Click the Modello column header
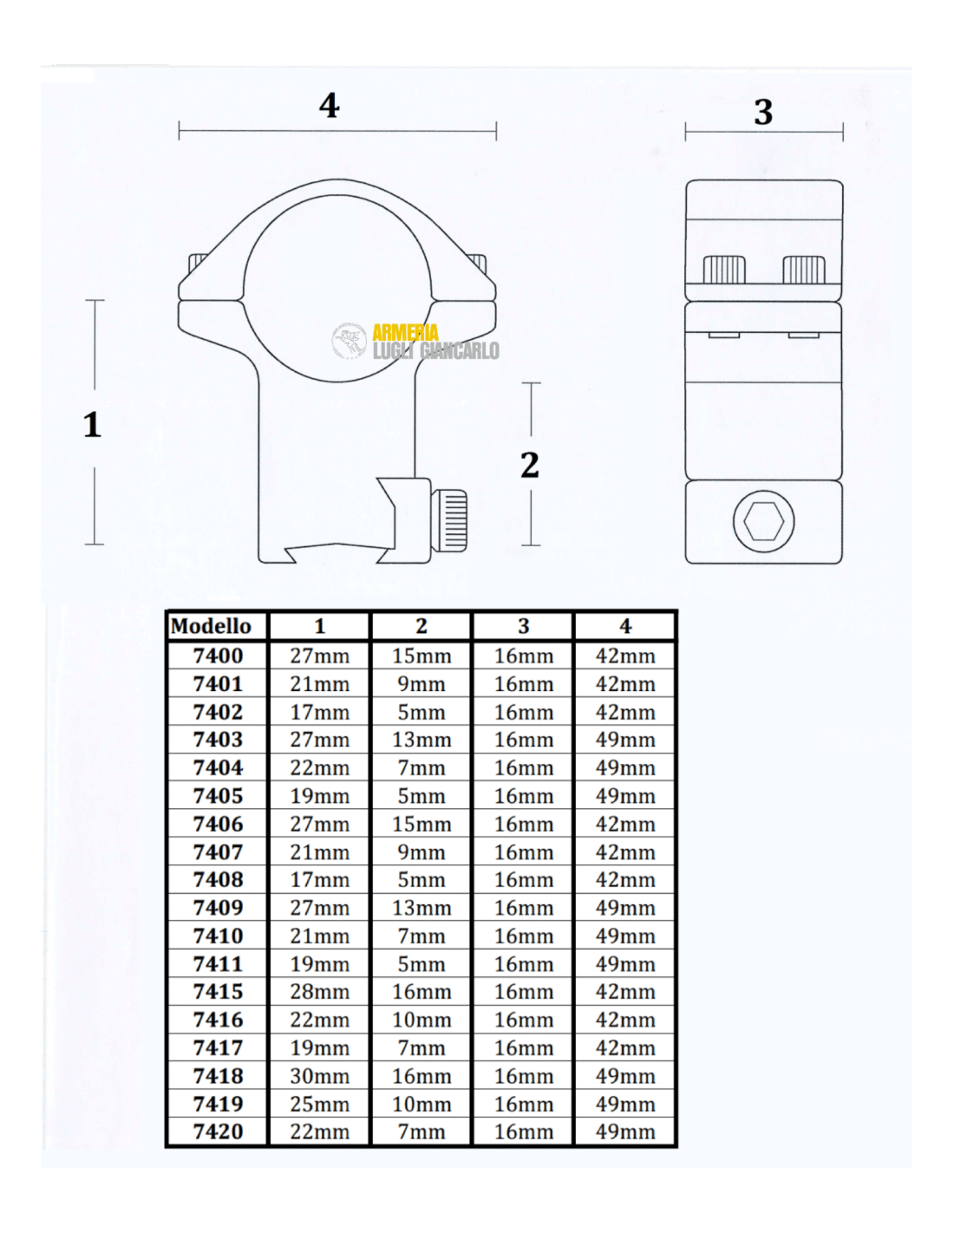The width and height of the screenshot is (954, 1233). tap(211, 626)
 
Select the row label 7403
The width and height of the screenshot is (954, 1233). tap(218, 740)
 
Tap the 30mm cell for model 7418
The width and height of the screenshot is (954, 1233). tap(319, 1076)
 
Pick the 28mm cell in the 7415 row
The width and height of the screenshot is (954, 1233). tap(319, 992)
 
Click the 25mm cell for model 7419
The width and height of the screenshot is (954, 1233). tap(319, 1104)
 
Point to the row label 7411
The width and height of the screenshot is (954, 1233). tap(218, 964)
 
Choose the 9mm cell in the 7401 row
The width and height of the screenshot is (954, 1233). tap(421, 684)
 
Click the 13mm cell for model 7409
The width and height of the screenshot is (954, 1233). tap(421, 908)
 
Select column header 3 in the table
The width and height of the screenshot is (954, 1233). tap(523, 626)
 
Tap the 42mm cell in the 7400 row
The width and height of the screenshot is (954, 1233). tap(625, 656)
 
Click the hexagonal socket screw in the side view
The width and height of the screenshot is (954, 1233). tap(763, 521)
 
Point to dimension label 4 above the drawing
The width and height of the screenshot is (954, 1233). tap(330, 105)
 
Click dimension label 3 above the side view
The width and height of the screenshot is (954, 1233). tap(763, 112)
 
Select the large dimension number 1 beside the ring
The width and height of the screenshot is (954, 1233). tap(93, 424)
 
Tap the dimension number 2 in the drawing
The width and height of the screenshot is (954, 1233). tap(530, 465)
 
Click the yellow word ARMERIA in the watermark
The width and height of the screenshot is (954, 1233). tap(405, 332)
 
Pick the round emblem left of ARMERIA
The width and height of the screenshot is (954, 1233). tap(349, 341)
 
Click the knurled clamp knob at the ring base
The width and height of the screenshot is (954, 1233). tap(449, 520)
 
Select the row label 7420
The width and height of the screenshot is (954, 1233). tap(218, 1132)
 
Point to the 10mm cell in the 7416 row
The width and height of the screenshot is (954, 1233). tap(421, 1020)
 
